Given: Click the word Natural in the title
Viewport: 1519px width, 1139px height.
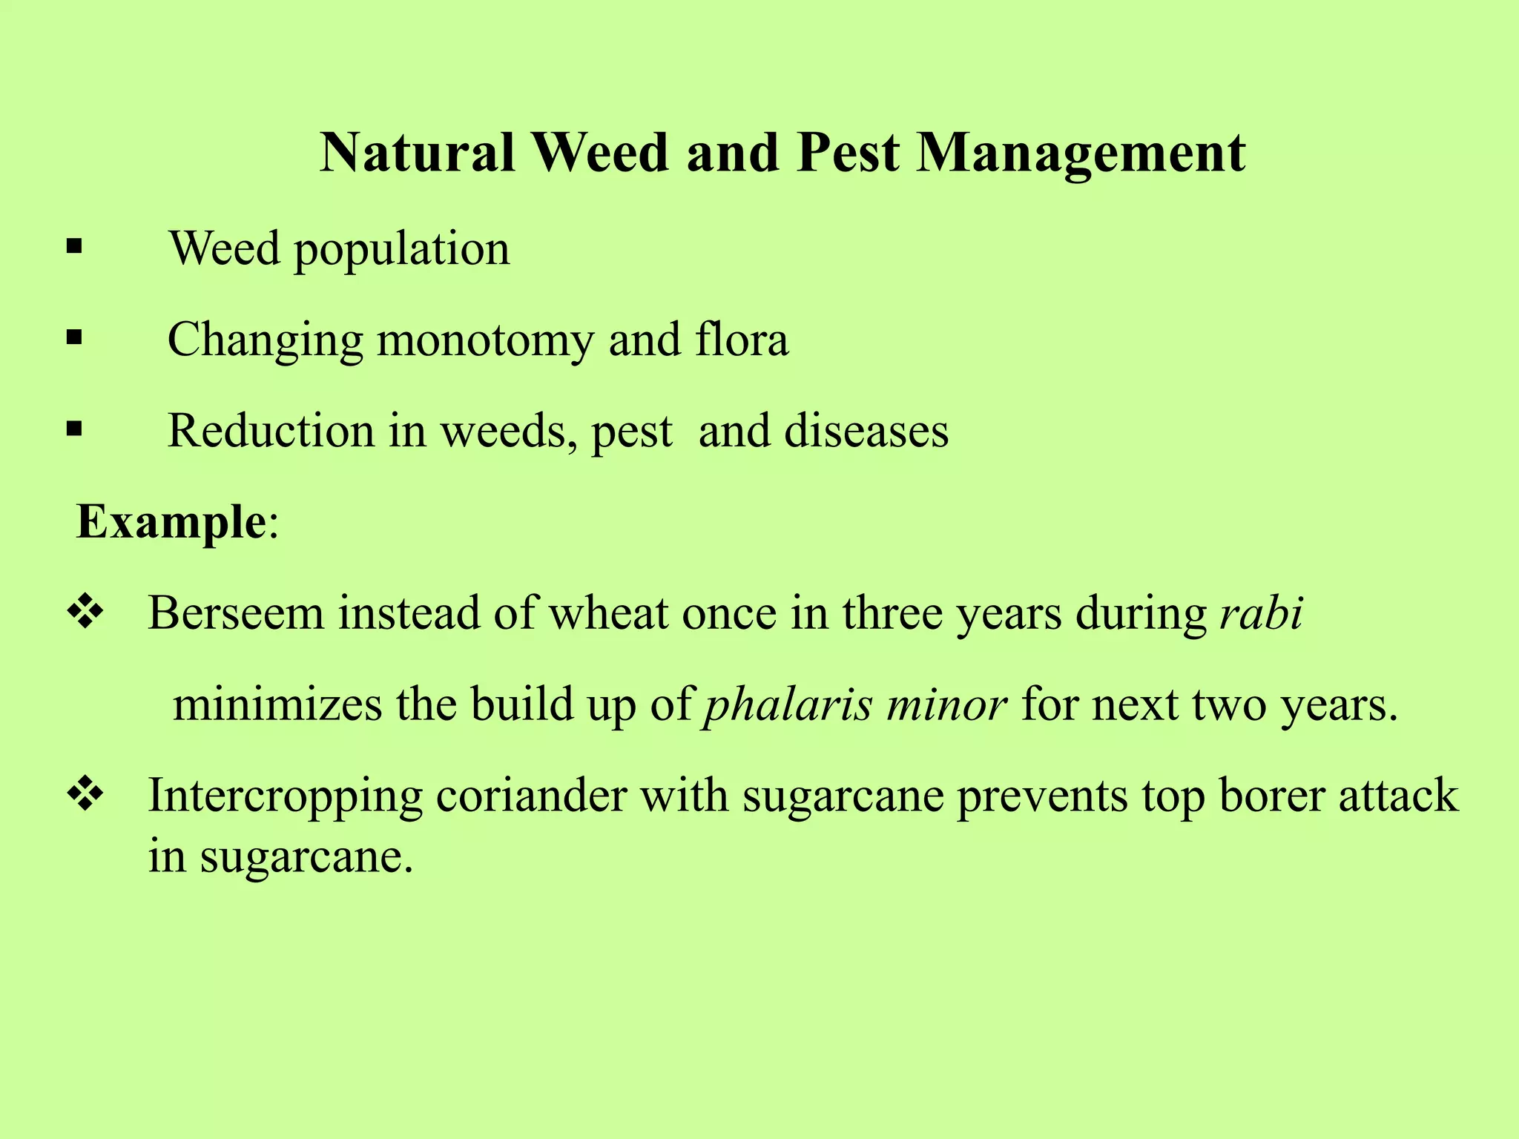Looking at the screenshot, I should (x=418, y=153).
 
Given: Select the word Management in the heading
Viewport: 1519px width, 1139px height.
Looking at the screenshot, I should (x=1081, y=154).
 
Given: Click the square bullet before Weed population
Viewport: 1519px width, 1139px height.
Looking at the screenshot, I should (x=73, y=247).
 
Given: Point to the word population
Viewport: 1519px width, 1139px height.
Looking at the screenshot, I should (x=402, y=250).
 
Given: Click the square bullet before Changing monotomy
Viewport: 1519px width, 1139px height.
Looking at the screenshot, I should (x=73, y=339).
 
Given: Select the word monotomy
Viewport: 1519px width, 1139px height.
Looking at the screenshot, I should (x=485, y=341).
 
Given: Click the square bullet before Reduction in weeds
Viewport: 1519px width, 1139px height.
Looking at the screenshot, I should (x=73, y=429).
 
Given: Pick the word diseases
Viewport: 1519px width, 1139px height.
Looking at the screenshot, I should (x=866, y=431).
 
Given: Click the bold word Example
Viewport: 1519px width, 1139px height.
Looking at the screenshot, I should (x=171, y=521).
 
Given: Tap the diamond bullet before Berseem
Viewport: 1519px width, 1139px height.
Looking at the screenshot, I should (x=85, y=613).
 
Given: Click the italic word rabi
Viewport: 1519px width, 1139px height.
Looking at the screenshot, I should (x=1261, y=613).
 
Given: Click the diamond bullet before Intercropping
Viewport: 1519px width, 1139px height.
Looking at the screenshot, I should (x=85, y=794).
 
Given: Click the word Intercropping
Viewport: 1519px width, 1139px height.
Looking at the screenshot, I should (x=285, y=797).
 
